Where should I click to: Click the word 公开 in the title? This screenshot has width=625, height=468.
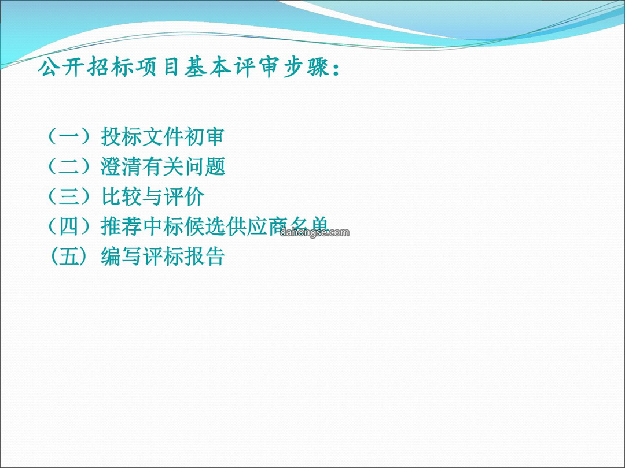point(62,67)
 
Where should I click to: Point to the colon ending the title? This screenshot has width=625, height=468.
point(336,68)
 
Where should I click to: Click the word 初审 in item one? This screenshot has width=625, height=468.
point(204,136)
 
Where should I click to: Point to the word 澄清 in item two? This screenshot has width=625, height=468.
point(121,166)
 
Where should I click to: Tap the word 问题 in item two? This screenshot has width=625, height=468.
point(204,166)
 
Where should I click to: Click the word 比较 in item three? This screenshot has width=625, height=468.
point(121,196)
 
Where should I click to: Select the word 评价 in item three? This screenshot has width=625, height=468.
point(184,196)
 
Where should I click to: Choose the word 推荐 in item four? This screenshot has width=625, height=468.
point(121,226)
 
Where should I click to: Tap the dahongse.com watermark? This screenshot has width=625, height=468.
point(314,232)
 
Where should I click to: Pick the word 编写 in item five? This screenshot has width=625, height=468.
point(121,256)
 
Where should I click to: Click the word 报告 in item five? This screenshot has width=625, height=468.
point(204,256)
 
